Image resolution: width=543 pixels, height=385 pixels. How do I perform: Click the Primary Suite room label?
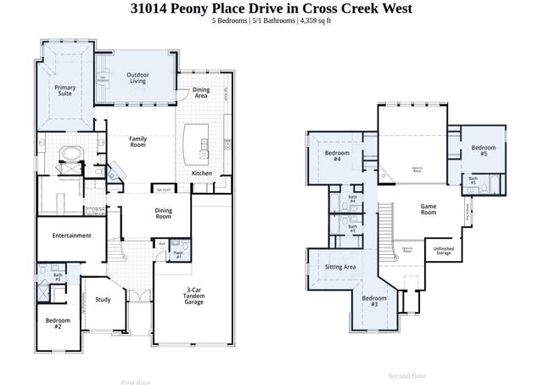[64, 90]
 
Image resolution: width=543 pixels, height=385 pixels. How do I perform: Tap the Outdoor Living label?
[138, 79]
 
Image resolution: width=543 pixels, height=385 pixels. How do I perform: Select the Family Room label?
[138, 141]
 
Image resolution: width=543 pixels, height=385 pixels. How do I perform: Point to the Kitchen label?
[202, 173]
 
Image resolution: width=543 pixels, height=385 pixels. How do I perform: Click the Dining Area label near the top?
[201, 93]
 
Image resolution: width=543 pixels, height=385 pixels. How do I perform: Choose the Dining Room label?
[164, 214]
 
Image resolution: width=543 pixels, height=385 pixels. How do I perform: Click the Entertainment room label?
[71, 235]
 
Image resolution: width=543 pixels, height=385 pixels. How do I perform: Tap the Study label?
[103, 299]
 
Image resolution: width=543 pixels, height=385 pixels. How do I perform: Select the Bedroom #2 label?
[58, 323]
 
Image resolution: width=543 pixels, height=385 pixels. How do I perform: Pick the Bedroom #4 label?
[333, 156]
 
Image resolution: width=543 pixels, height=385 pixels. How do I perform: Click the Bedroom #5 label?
[484, 150]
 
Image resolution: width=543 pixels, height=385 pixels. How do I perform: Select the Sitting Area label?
[340, 267]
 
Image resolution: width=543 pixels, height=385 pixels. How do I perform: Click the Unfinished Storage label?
[443, 251]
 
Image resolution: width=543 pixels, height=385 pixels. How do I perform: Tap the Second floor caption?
[407, 375]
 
